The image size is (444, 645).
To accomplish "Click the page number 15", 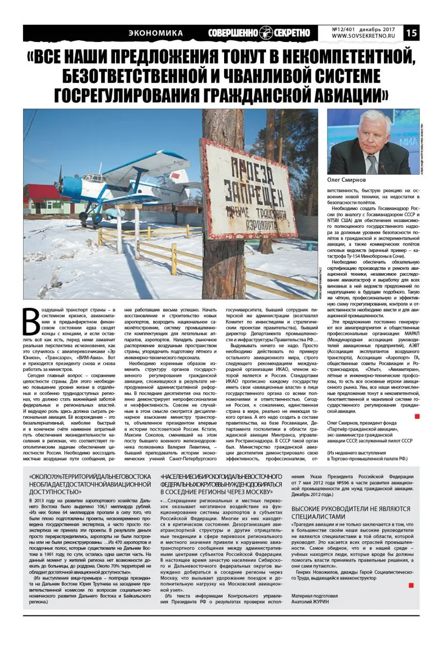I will point(411,33).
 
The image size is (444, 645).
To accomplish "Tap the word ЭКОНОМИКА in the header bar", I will point(156,33).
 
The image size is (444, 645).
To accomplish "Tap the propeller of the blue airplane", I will point(60,181).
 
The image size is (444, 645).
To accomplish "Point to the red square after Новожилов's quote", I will point(411,585).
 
